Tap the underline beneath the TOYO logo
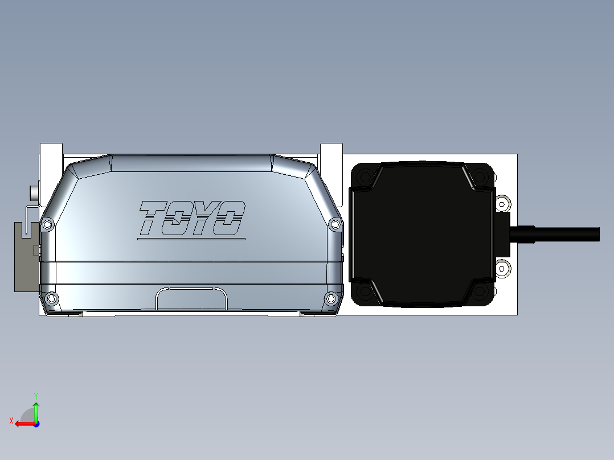coord(191,239)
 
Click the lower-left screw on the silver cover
coord(52,298)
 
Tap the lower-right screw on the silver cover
coord(331,298)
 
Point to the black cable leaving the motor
coord(564,234)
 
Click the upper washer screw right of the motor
coord(502,203)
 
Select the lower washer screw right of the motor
coord(502,268)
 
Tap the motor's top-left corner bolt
coord(365,178)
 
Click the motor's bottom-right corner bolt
coord(480,293)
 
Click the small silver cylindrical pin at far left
coord(34,192)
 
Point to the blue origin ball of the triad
coord(36,424)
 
